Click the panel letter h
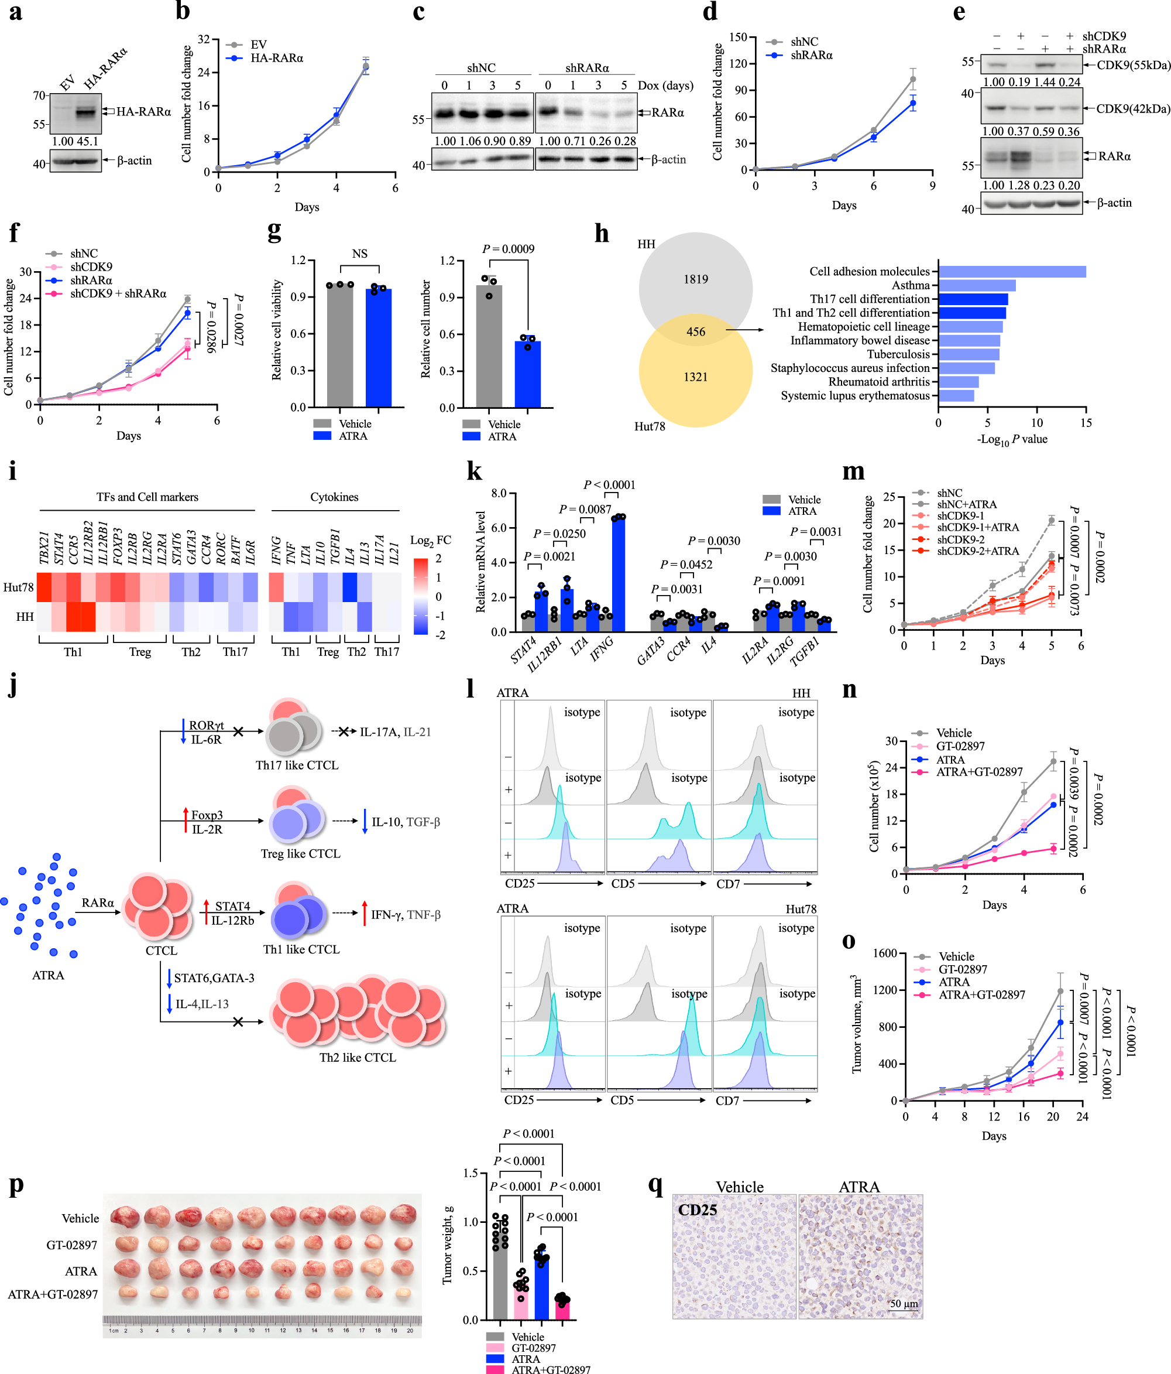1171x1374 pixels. pyautogui.click(x=601, y=234)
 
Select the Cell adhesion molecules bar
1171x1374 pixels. pyautogui.click(x=1011, y=271)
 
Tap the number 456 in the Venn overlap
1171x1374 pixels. pyautogui.click(x=695, y=331)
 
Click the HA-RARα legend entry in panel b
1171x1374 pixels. pyautogui.click(x=276, y=59)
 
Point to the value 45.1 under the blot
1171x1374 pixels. pyautogui.click(x=87, y=141)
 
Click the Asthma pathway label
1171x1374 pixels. pyautogui.click(x=911, y=285)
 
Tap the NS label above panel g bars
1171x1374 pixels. pyautogui.click(x=359, y=254)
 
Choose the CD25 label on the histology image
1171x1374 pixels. pyautogui.click(x=697, y=1209)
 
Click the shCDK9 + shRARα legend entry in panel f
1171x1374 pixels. pyautogui.click(x=118, y=294)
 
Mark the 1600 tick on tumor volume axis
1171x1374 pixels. pyautogui.click(x=885, y=953)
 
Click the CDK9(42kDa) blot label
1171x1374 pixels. pyautogui.click(x=1132, y=109)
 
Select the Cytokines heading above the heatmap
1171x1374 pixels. pyautogui.click(x=334, y=497)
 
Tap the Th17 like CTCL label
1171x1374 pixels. pyautogui.click(x=297, y=765)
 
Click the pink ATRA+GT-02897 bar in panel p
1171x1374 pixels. pyautogui.click(x=562, y=1309)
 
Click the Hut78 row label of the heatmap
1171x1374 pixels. pyautogui.click(x=19, y=587)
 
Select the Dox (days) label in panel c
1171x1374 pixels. pyautogui.click(x=665, y=86)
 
